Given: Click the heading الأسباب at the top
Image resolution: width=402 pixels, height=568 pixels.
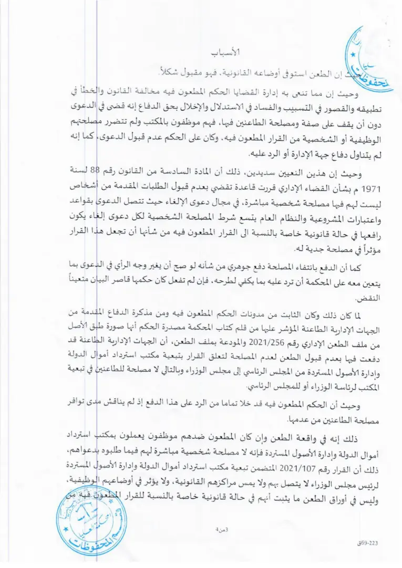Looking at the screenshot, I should click(224, 52).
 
